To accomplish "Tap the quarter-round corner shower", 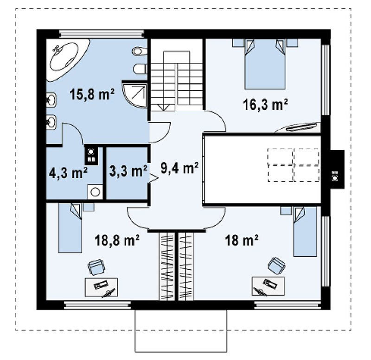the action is pyautogui.click(x=135, y=94).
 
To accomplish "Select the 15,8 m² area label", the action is pyautogui.click(x=92, y=94).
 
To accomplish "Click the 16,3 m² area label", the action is pyautogui.click(x=265, y=104).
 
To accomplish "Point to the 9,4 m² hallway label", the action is pyautogui.click(x=179, y=169).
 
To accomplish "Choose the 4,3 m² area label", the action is pyautogui.click(x=68, y=173).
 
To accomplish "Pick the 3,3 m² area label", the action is pyautogui.click(x=128, y=171).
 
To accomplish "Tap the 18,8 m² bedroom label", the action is pyautogui.click(x=117, y=240).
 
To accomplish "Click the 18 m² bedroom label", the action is pyautogui.click(x=242, y=240).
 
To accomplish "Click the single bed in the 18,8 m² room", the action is pyautogui.click(x=70, y=227).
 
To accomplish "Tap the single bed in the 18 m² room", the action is pyautogui.click(x=305, y=231).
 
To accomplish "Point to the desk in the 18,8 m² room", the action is pyautogui.click(x=101, y=287).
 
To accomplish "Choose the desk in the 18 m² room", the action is pyautogui.click(x=268, y=286).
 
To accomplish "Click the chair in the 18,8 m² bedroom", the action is pyautogui.click(x=96, y=267).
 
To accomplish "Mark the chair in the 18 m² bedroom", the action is pyautogui.click(x=276, y=266).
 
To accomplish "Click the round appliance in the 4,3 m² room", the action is pyautogui.click(x=96, y=192).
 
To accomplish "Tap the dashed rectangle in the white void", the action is pyautogui.click(x=294, y=165).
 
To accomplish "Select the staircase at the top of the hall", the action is pyautogui.click(x=177, y=81).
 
